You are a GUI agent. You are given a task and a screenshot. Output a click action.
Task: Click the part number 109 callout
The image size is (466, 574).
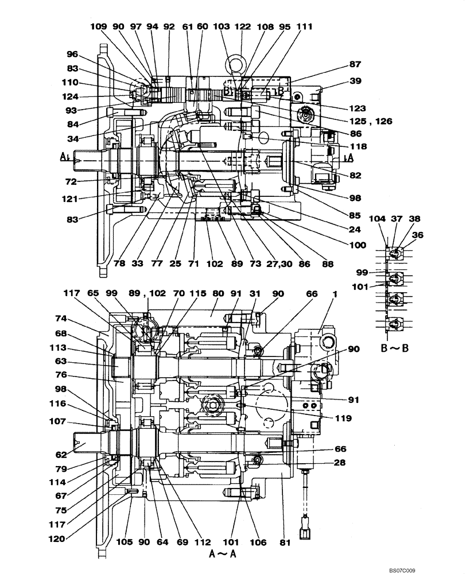[99, 26]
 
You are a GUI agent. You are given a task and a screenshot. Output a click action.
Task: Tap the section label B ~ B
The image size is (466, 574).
[394, 348]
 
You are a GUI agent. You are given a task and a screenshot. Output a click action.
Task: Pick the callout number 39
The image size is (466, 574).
[355, 82]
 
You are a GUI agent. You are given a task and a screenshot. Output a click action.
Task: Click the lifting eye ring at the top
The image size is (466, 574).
[235, 62]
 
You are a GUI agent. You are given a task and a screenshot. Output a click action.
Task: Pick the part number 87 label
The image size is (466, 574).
[355, 65]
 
